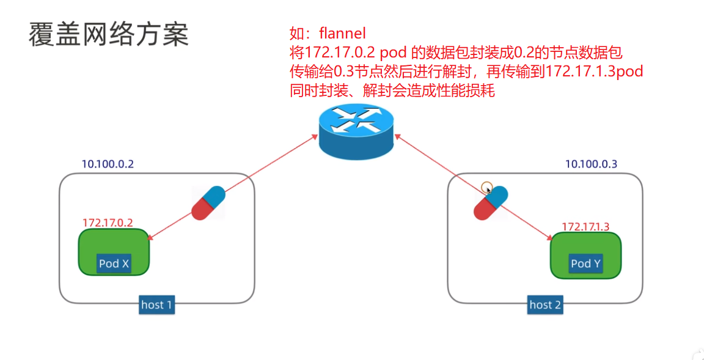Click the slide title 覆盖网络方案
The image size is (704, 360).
coord(109,35)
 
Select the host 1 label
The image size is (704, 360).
coord(156,304)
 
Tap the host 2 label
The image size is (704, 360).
coord(545,304)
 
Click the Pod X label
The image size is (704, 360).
coord(114,263)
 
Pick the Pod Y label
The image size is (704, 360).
coord(585,263)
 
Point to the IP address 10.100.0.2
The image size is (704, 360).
coord(108,164)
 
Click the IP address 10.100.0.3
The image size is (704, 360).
coord(591,164)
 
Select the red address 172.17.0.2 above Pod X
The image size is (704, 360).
coord(108,223)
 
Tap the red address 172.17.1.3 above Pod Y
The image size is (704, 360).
coord(585,227)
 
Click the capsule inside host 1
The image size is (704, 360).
coord(208,203)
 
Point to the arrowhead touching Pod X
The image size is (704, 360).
coord(152,238)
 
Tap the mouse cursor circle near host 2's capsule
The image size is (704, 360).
coord(486,187)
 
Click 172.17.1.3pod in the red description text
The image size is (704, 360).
coord(595,72)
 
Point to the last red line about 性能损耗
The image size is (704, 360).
coord(392,92)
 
